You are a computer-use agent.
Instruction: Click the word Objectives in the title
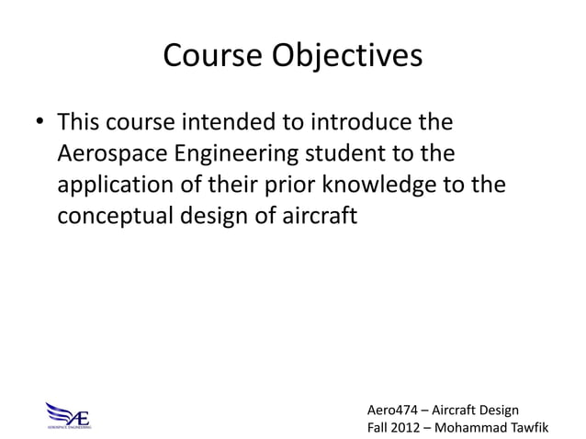349,57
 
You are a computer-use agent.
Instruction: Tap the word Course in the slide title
214,56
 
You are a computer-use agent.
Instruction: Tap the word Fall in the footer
378,427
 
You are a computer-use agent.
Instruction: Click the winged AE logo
70,414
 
